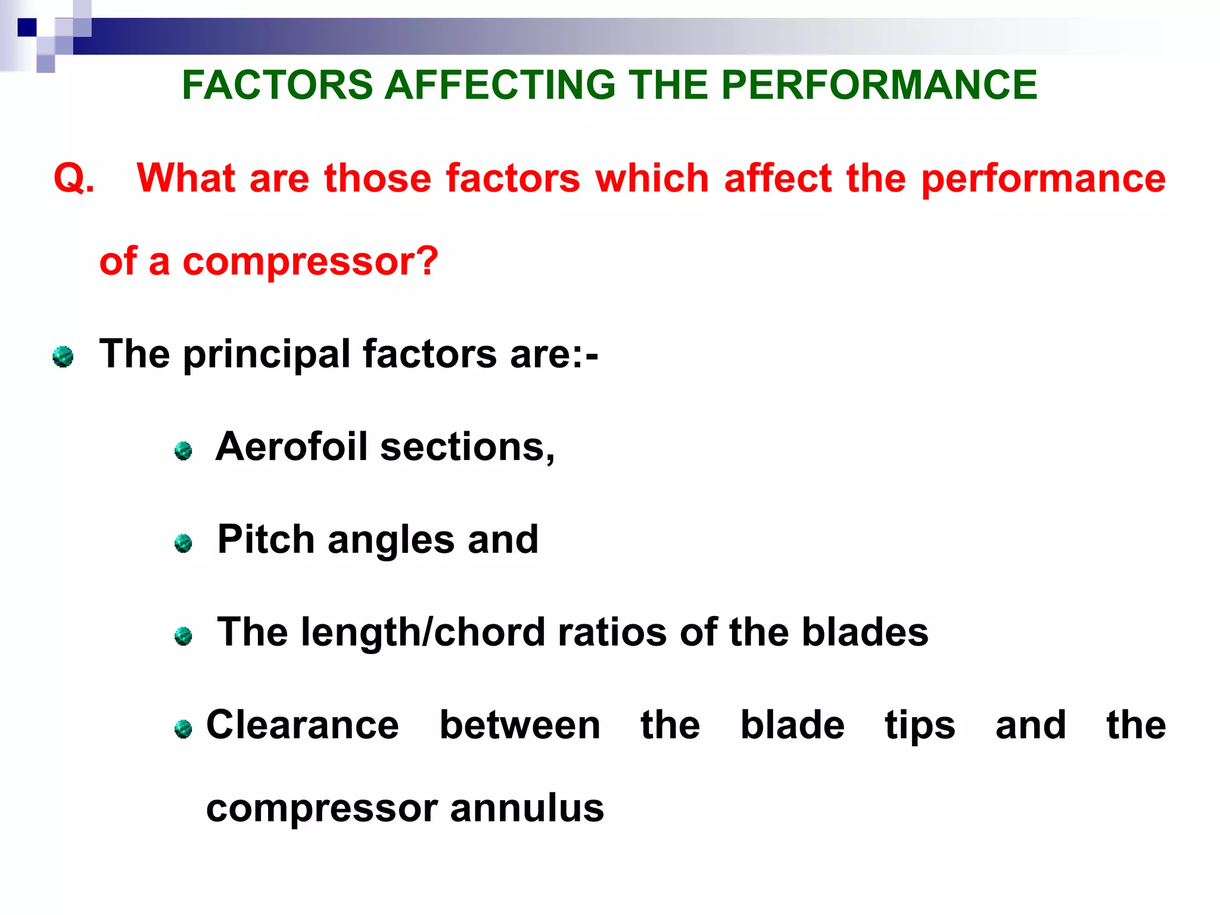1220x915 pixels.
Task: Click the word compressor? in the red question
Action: click(310, 262)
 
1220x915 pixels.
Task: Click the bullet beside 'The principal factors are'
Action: click(63, 357)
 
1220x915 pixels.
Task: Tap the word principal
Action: click(266, 354)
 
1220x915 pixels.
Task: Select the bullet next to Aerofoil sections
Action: click(183, 450)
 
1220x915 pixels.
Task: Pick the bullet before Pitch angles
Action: click(183, 543)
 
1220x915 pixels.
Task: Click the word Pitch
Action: click(266, 540)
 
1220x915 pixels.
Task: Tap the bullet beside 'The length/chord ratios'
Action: click(183, 636)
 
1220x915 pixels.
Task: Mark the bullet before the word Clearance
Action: click(183, 729)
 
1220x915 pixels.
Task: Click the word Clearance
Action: click(303, 725)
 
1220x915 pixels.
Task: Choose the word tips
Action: click(920, 726)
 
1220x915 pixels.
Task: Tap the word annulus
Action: click(527, 808)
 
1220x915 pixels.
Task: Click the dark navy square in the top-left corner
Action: click(27, 27)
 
